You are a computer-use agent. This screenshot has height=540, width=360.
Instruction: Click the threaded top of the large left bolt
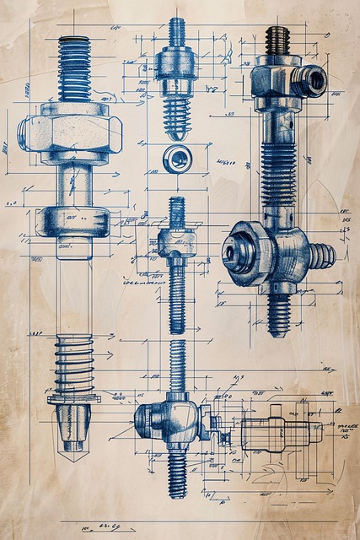click(x=74, y=67)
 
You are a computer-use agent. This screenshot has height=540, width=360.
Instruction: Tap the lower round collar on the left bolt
click(x=73, y=222)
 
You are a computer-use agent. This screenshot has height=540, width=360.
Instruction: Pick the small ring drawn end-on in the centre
click(x=176, y=158)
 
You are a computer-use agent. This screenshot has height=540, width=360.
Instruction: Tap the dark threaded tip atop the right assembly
click(x=277, y=39)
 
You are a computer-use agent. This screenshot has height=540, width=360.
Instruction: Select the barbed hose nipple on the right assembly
click(x=320, y=254)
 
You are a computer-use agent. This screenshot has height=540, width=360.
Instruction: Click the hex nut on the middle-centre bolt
click(x=176, y=243)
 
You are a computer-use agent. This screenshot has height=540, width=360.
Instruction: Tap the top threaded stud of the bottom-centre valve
click(x=177, y=367)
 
